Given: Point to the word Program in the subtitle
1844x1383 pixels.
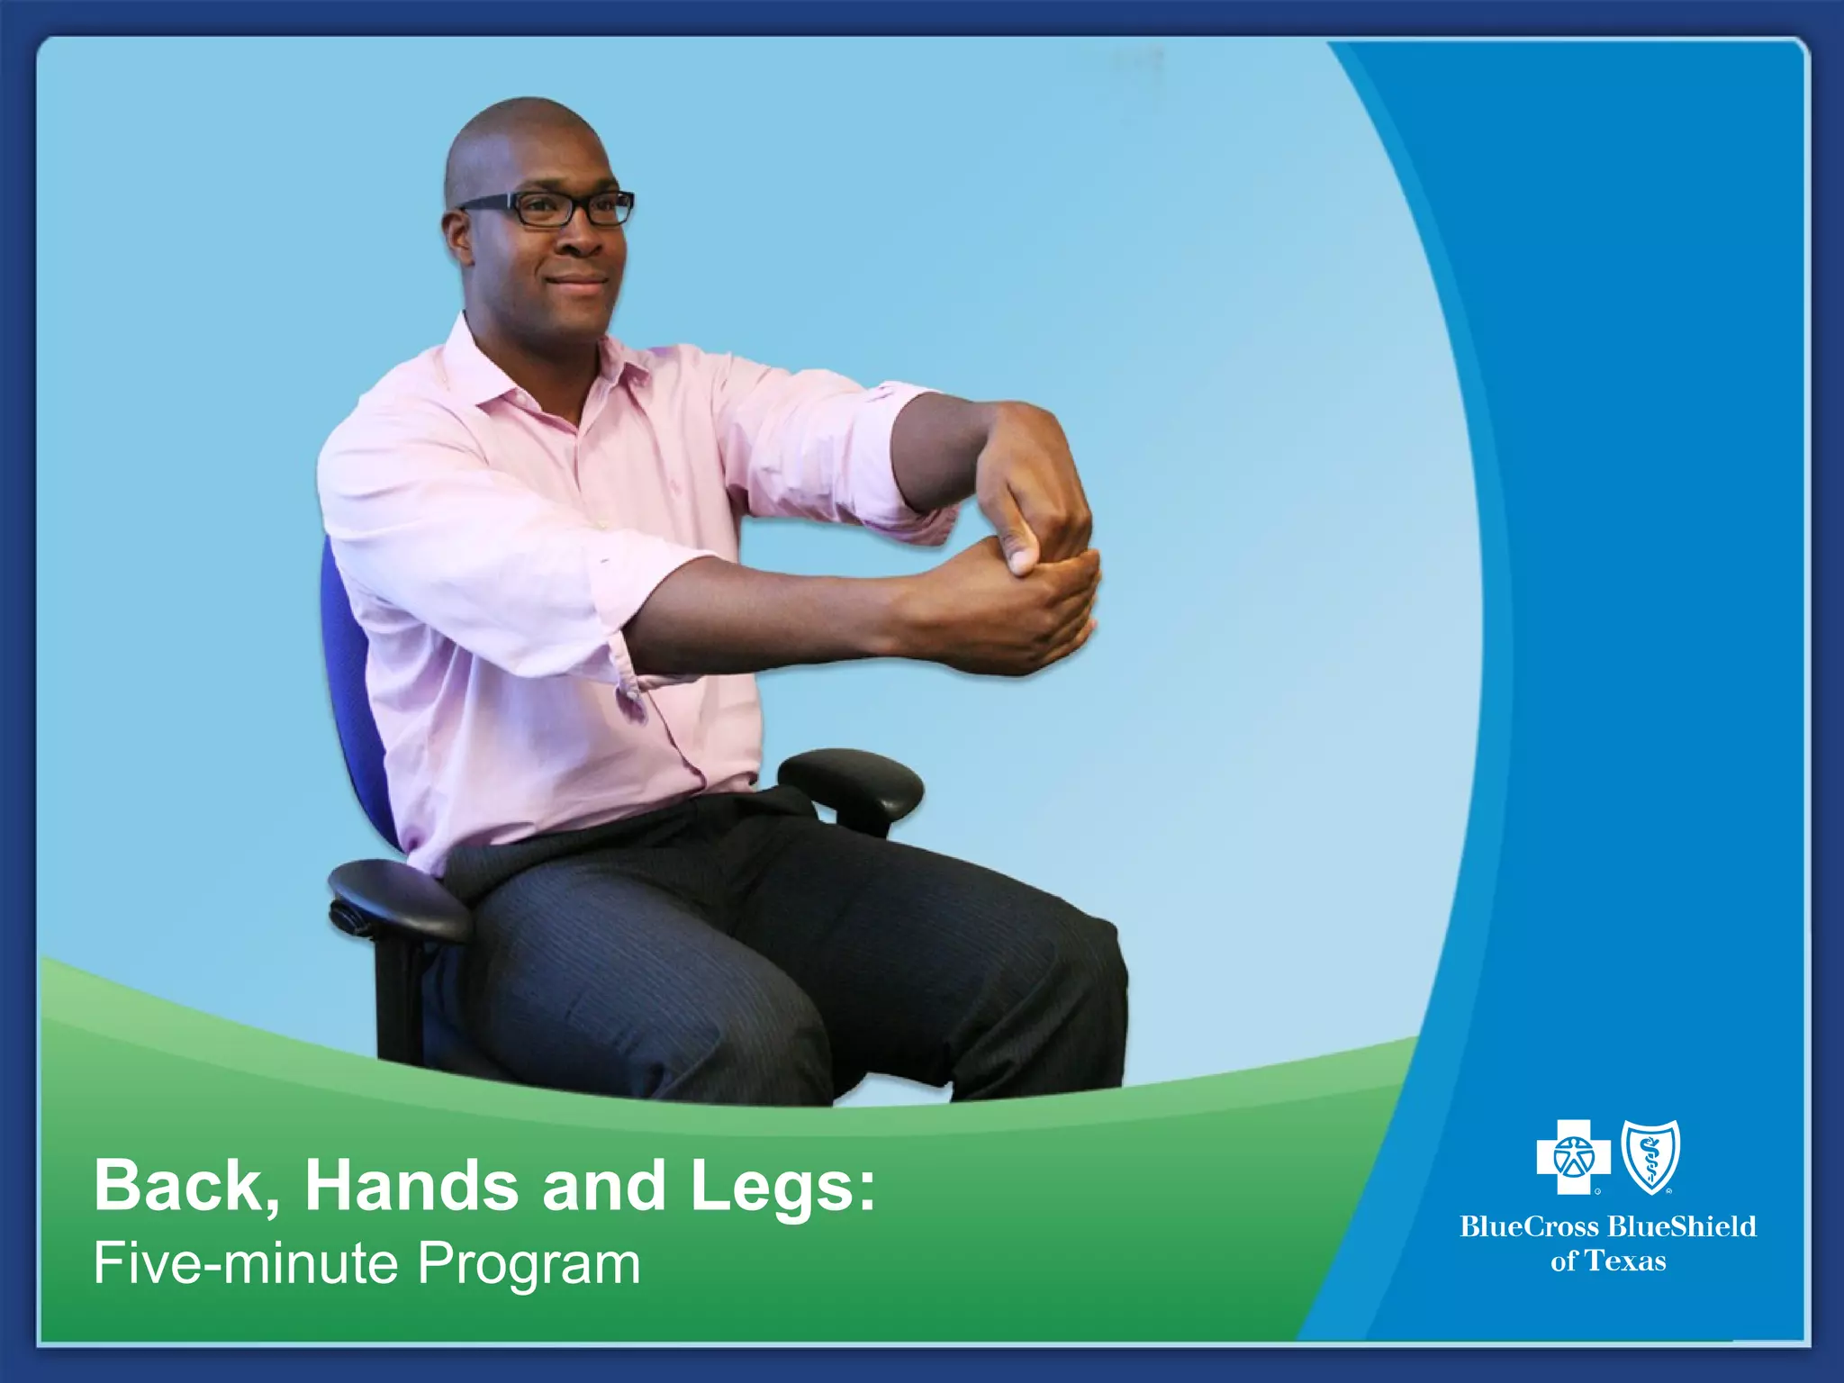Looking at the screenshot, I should point(529,1263).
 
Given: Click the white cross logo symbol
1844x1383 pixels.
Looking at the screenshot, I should point(1573,1156).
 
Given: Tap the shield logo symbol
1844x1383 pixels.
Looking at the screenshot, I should point(1650,1156).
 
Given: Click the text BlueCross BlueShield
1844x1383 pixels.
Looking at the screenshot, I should point(1608,1226).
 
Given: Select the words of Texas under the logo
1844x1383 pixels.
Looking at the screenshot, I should point(1608,1261).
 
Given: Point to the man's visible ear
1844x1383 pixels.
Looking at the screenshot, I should point(458,236).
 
